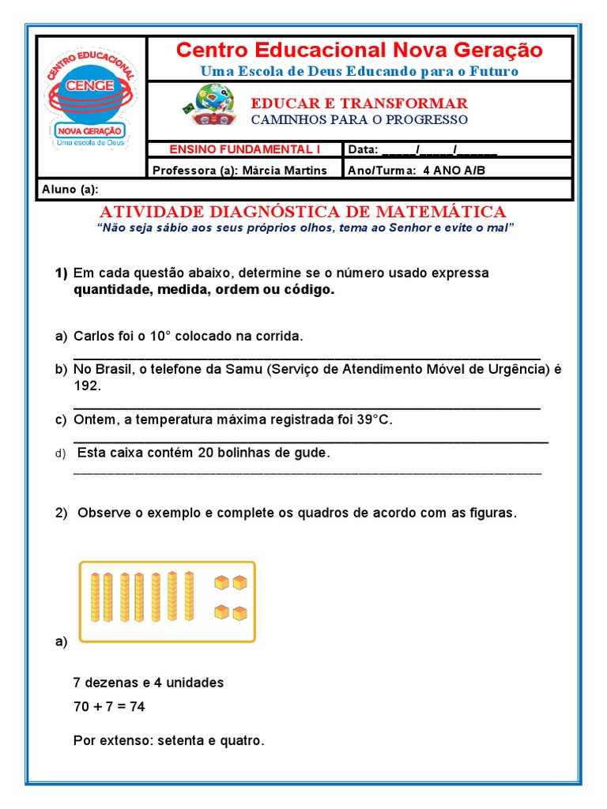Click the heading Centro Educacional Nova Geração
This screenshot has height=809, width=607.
coord(359,51)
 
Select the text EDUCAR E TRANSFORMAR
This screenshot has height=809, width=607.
coord(359,103)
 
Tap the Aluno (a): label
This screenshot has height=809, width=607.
coord(69,189)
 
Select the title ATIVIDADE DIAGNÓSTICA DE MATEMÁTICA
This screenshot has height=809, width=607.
coord(303,212)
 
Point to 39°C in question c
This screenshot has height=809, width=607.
coord(373,420)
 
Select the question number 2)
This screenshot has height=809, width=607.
coord(62,513)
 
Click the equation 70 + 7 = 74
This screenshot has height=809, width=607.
coord(108,707)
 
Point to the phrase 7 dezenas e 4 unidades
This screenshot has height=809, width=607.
coord(148,682)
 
